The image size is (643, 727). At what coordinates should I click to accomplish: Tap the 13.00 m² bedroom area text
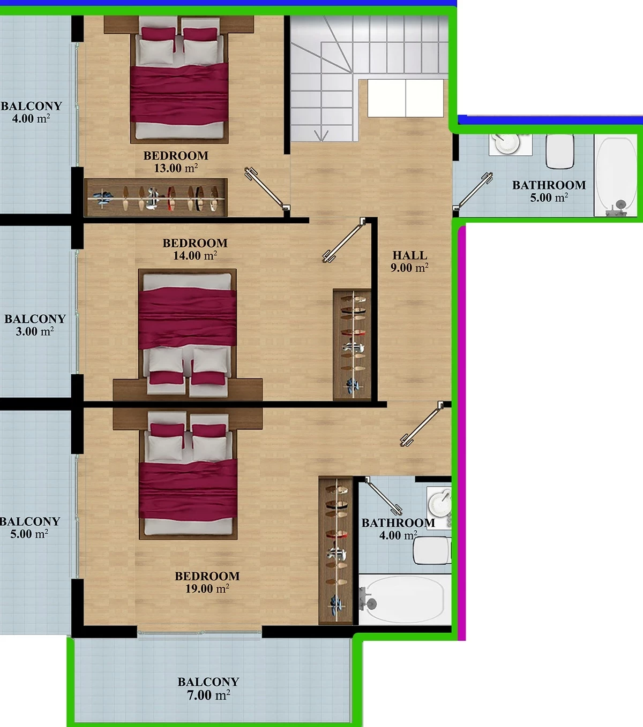click(176, 168)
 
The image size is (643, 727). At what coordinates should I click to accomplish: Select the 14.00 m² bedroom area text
click(195, 255)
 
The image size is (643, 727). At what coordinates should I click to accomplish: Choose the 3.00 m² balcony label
click(35, 325)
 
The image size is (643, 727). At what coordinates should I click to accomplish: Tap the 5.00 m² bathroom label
click(549, 191)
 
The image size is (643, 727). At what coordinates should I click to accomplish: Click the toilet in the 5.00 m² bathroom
click(559, 151)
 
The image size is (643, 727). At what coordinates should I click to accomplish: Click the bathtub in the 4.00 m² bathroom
click(405, 600)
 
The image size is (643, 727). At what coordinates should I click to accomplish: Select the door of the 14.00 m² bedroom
click(344, 240)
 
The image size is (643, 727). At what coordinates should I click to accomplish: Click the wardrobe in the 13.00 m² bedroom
click(156, 198)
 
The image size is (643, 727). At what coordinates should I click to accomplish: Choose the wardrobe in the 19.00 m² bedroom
click(336, 551)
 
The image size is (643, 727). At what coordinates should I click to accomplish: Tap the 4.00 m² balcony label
click(31, 112)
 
